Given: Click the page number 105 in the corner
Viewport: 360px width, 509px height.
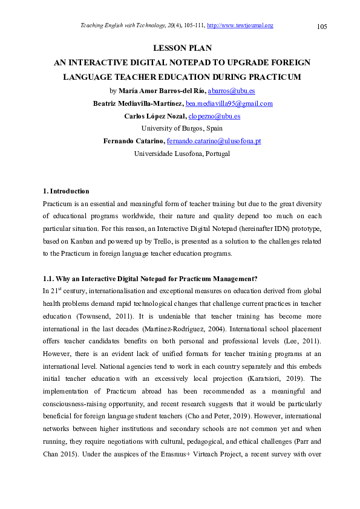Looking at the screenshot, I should tap(322, 27).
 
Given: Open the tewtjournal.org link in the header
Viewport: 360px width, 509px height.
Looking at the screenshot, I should tap(240, 25).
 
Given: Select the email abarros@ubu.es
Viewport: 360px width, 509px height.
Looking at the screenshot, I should tap(231, 91).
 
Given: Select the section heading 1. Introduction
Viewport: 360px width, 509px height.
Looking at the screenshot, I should tap(66, 192).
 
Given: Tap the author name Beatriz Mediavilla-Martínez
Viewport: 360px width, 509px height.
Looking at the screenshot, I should tap(137, 103).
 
